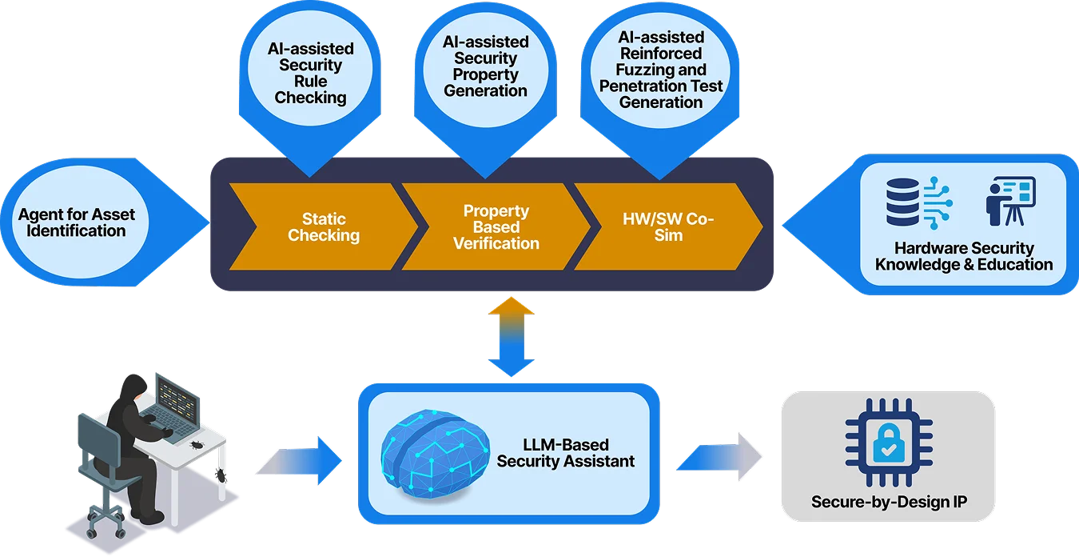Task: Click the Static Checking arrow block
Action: [x=324, y=227]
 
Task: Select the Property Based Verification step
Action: [x=496, y=227]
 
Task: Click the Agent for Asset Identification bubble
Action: [x=77, y=223]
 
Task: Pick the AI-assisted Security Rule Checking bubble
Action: [x=310, y=74]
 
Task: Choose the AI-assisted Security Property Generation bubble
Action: [x=485, y=66]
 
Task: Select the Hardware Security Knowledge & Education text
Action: [x=964, y=256]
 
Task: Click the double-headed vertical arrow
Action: [x=512, y=337]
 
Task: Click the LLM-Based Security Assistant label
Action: [x=565, y=453]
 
